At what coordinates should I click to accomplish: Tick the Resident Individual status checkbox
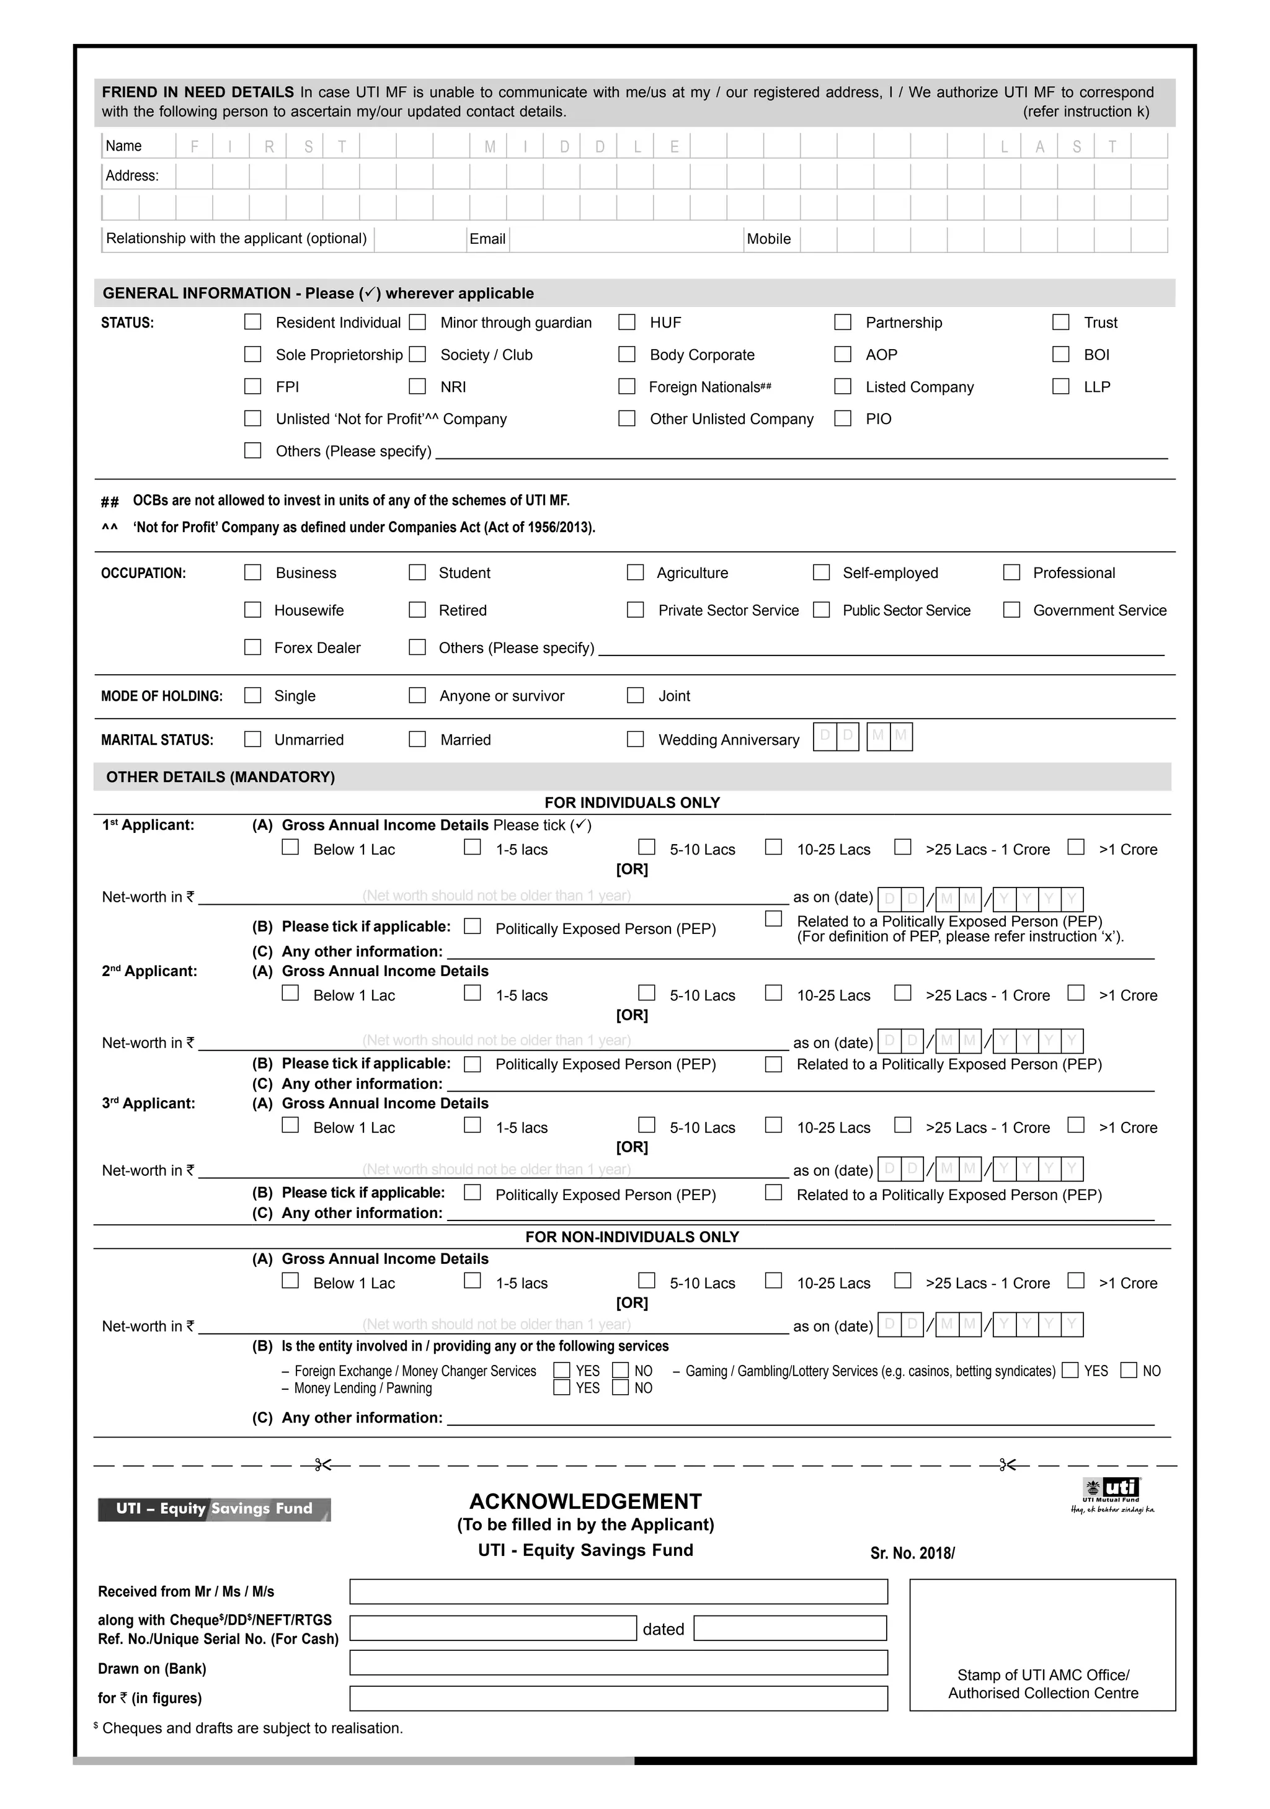pyautogui.click(x=253, y=322)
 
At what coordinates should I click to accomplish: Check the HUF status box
pyautogui.click(x=627, y=322)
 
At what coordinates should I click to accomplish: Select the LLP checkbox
pyautogui.click(x=1061, y=387)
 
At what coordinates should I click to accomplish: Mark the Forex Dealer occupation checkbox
pyautogui.click(x=253, y=647)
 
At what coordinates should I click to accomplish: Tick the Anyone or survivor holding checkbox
pyautogui.click(x=417, y=696)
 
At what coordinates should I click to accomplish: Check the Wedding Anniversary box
pyautogui.click(x=635, y=740)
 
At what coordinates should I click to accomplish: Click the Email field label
pyautogui.click(x=487, y=239)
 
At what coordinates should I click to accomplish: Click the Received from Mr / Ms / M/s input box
pyautogui.click(x=618, y=1591)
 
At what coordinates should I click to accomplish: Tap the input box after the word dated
pyautogui.click(x=790, y=1629)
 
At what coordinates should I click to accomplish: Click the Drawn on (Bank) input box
pyautogui.click(x=618, y=1663)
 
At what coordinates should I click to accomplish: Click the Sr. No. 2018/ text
pyautogui.click(x=912, y=1553)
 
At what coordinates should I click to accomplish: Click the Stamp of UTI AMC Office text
pyautogui.click(x=1043, y=1675)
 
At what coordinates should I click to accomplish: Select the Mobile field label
pyautogui.click(x=768, y=239)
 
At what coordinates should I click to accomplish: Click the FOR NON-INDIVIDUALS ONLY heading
pyautogui.click(x=632, y=1237)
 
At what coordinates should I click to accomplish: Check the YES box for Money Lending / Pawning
pyautogui.click(x=562, y=1389)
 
